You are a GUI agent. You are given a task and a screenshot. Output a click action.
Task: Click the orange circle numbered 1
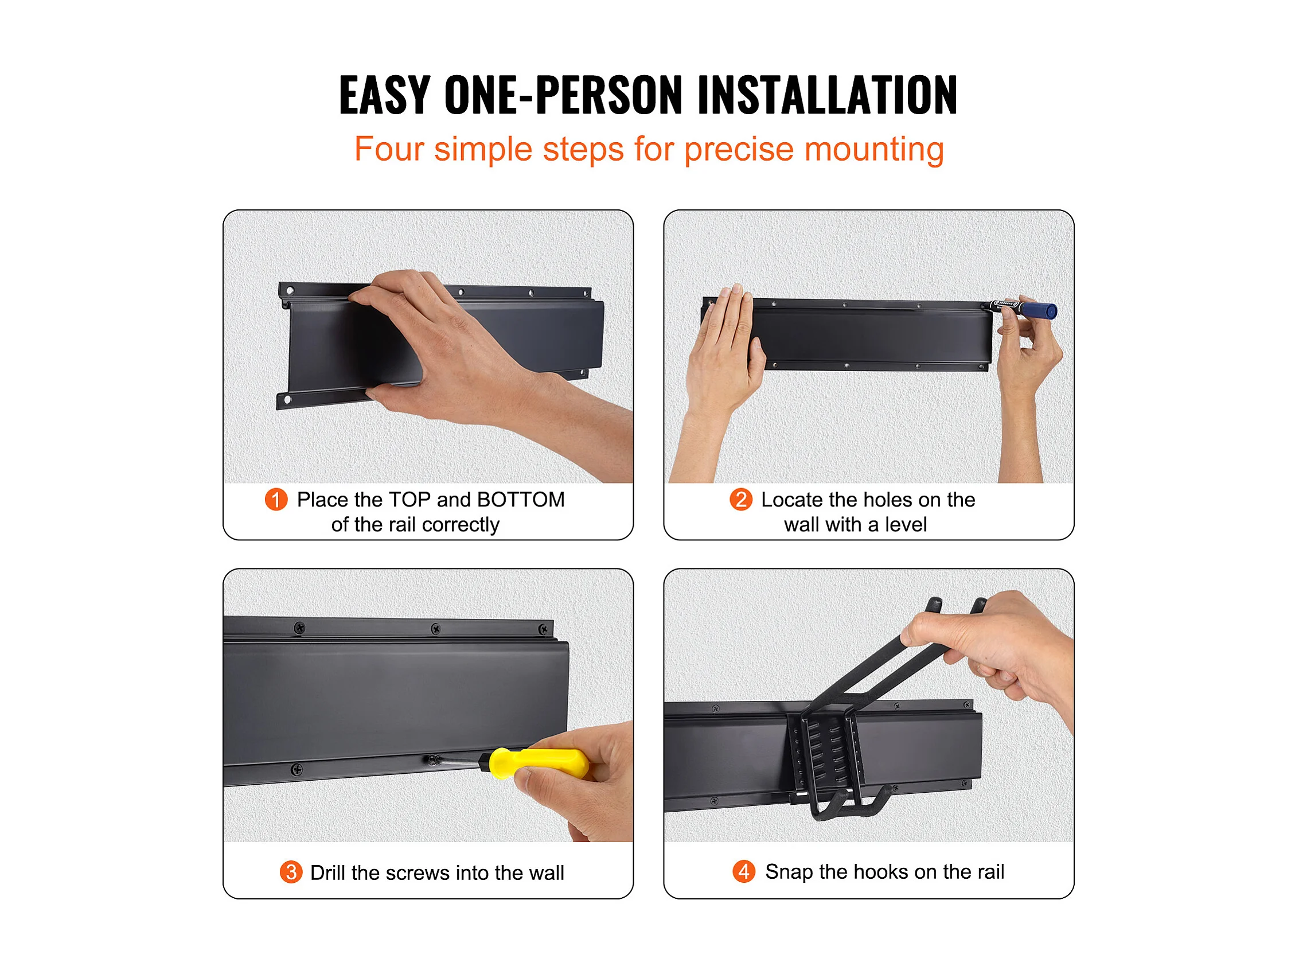point(276,500)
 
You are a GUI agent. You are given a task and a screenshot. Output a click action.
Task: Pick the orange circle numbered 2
point(740,500)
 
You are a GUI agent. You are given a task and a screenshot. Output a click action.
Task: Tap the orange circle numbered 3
point(291,872)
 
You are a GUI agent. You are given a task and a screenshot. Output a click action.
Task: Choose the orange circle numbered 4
point(743,871)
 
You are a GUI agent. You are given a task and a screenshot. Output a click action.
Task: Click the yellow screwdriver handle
point(538,763)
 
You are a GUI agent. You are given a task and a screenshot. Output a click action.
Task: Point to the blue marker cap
point(1040,310)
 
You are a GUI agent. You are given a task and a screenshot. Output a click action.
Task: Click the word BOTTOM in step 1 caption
point(520,500)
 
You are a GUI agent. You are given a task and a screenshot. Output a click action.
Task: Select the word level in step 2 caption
point(906,525)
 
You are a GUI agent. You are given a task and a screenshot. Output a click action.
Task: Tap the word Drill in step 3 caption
point(327,872)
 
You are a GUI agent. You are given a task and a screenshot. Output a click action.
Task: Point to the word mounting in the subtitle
point(874,150)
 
